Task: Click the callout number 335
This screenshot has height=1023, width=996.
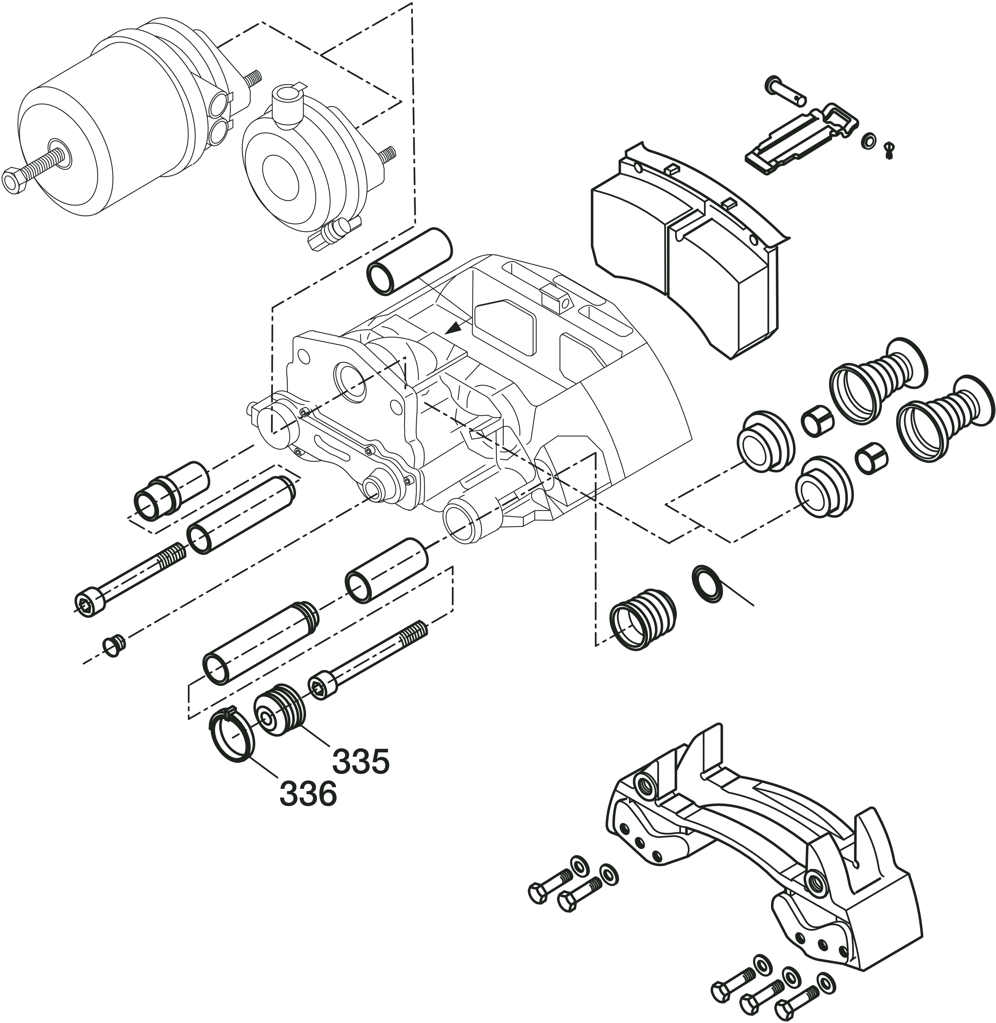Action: point(361,761)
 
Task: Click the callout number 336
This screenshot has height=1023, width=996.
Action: point(308,793)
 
